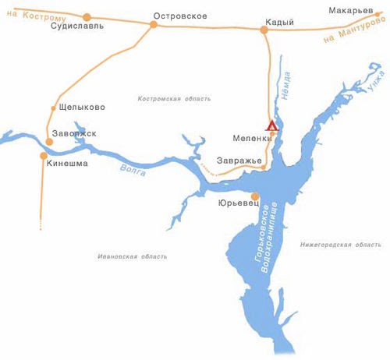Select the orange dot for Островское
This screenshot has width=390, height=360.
click(x=154, y=25)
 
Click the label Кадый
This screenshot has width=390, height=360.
click(x=278, y=22)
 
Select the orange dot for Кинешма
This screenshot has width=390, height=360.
click(x=43, y=155)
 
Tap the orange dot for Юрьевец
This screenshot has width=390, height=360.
click(x=254, y=196)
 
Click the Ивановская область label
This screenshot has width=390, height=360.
click(x=133, y=256)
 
